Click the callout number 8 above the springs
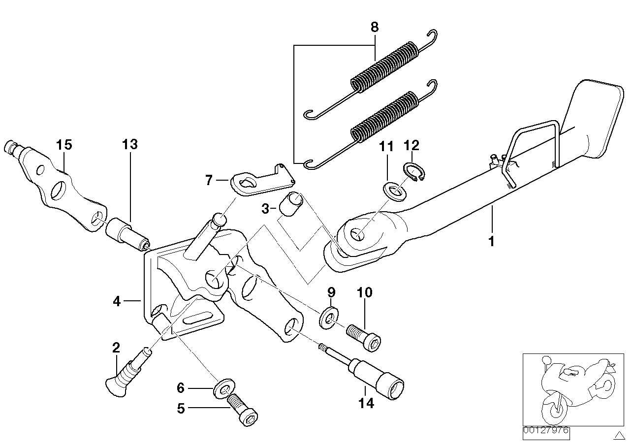click(375, 27)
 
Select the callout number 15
click(63, 145)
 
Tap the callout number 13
click(130, 144)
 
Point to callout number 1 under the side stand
click(491, 241)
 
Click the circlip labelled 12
click(416, 172)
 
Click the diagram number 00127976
click(546, 430)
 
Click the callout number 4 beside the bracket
click(116, 301)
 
